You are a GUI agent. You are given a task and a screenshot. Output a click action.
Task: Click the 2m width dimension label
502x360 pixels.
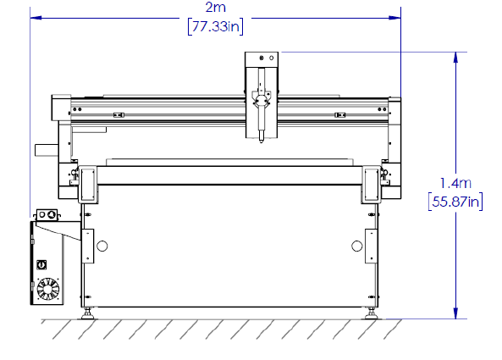point(216,8)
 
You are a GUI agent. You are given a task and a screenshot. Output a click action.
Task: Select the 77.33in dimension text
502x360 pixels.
point(216,26)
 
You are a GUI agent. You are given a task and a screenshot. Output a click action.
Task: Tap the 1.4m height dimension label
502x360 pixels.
point(455,183)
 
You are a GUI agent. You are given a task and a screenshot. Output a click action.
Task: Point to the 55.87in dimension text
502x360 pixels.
point(455,202)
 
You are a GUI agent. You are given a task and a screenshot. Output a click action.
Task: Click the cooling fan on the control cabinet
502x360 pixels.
point(48,289)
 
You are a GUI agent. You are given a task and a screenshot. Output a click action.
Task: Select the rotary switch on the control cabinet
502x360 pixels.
point(41,264)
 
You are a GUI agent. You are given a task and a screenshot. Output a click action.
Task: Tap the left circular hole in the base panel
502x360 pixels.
point(102,246)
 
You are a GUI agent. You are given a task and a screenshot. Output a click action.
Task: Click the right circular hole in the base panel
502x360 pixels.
point(356,246)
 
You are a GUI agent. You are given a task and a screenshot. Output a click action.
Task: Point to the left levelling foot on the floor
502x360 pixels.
point(87,314)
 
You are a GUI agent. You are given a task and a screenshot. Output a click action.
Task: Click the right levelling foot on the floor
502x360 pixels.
point(371,314)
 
